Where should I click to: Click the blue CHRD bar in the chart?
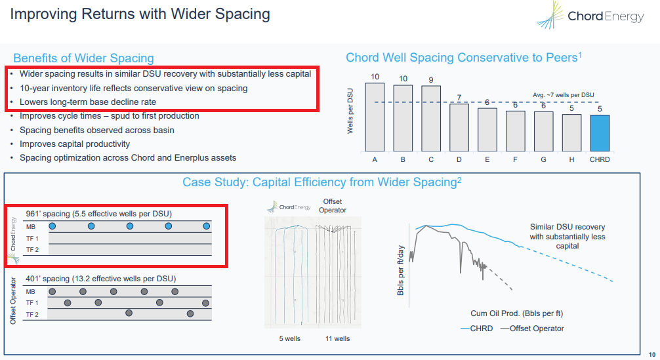(600, 133)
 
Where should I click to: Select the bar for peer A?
(375, 117)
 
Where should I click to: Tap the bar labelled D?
(459, 127)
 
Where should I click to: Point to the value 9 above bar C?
(430, 80)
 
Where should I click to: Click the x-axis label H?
(571, 159)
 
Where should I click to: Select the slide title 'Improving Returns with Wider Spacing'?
(140, 14)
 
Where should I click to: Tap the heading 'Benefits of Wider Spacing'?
(83, 58)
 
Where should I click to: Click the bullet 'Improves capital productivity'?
(75, 144)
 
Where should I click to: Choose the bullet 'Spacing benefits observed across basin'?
(97, 130)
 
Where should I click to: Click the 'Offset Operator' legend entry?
(532, 329)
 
